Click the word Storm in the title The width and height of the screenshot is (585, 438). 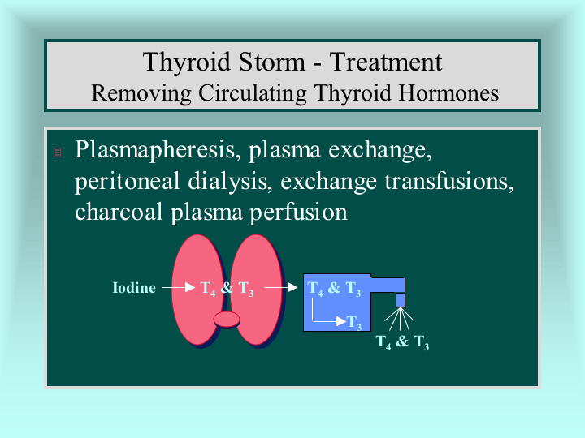click(271, 62)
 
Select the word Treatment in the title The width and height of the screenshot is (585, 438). click(386, 62)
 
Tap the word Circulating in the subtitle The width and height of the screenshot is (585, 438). click(253, 93)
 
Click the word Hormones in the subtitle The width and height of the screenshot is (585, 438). click(448, 93)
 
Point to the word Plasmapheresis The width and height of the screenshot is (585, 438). click(155, 150)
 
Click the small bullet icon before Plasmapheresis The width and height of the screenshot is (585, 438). click(57, 152)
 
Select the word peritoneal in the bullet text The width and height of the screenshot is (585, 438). click(128, 182)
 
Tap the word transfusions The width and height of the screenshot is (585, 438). click(449, 182)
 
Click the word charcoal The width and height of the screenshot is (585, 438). click(119, 212)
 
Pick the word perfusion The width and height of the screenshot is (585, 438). click(298, 213)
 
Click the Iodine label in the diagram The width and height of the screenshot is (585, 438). click(134, 287)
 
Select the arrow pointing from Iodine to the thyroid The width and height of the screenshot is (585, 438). click(179, 287)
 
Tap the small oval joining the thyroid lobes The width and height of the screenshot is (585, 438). click(227, 320)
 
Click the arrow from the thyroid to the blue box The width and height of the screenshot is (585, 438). click(281, 287)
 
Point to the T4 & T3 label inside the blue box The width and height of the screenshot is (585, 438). click(334, 289)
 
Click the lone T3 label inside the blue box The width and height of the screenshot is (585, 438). click(354, 323)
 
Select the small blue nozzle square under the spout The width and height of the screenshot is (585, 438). click(401, 300)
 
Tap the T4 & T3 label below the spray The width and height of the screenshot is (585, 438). click(402, 342)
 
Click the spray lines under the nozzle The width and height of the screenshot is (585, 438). click(400, 320)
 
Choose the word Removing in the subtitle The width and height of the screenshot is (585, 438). click(141, 93)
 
